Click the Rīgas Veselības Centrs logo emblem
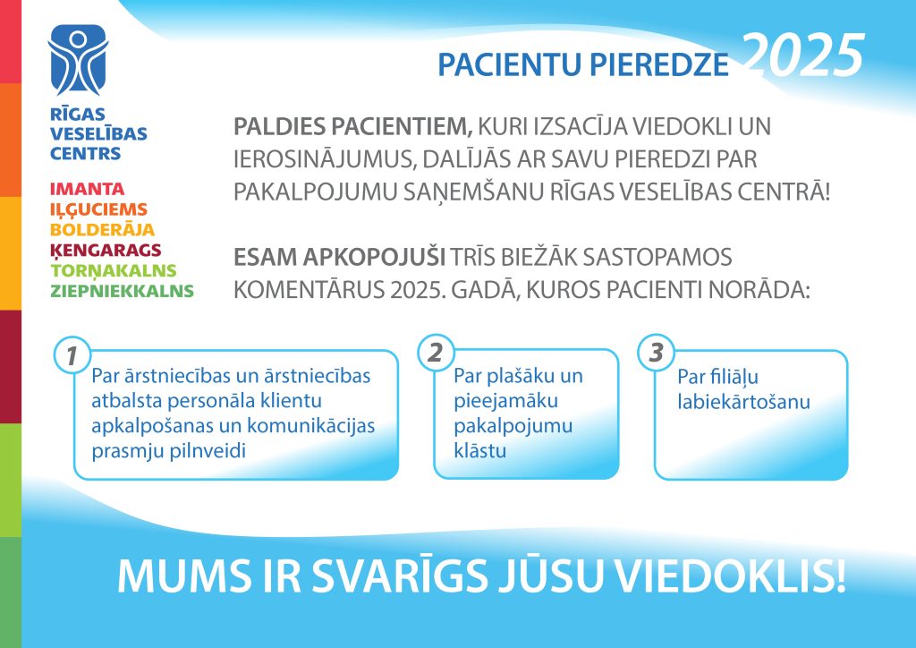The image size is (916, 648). tap(78, 60)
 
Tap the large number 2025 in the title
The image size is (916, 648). tap(804, 55)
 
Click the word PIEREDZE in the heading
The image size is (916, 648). tap(659, 64)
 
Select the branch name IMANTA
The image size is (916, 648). tap(87, 190)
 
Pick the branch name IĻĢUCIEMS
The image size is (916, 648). tap(98, 209)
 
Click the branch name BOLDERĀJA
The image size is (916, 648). tap(102, 229)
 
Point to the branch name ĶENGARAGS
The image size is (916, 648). tap(106, 250)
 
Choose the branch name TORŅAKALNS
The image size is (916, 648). tap(114, 270)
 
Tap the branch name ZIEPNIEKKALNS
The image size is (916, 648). tap(122, 291)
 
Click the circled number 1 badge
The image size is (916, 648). tap(72, 355)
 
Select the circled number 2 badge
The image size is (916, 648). tap(436, 353)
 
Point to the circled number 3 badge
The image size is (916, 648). tap(656, 353)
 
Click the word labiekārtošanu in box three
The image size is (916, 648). tap(743, 402)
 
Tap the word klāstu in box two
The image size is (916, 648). tap(480, 450)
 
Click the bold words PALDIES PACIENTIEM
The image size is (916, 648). tap(352, 126)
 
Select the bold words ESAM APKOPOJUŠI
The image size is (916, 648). tap(339, 257)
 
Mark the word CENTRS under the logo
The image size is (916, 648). tap(85, 154)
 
